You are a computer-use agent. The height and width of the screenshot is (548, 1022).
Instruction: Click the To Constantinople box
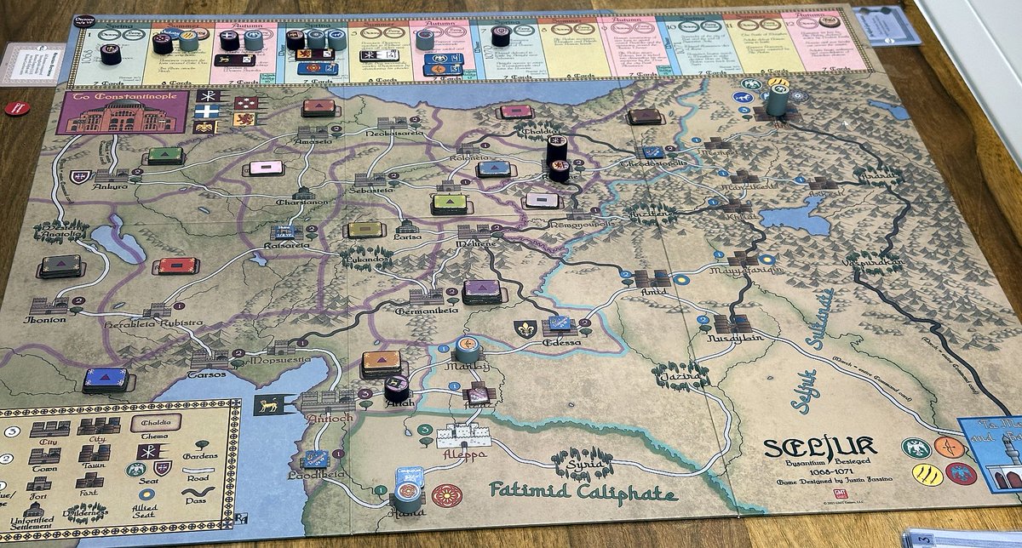point(121,111)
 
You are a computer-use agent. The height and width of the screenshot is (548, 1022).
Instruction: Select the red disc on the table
point(18,108)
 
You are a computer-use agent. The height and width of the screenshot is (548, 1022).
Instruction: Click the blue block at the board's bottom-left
point(106,379)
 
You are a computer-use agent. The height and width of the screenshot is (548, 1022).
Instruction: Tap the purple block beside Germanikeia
point(482,291)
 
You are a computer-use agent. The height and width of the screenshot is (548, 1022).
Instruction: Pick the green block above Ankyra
point(165,156)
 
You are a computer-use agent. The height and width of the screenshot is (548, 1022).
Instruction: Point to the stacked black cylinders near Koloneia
point(557,157)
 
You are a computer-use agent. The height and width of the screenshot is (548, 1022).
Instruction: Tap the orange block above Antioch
point(381,362)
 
